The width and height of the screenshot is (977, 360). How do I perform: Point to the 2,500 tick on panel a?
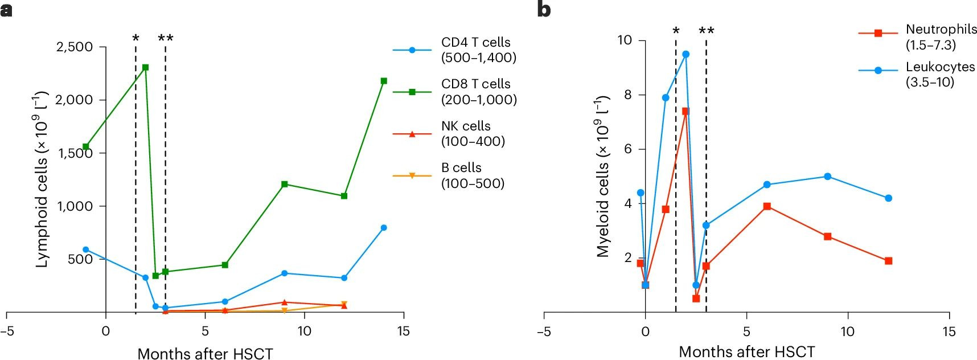pos(75,47)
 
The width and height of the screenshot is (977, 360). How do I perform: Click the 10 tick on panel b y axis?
pos(625,40)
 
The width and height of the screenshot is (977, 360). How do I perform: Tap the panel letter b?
pos(544,10)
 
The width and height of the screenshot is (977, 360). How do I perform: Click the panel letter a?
pos(6,10)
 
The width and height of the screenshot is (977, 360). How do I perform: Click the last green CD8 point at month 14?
pos(384,81)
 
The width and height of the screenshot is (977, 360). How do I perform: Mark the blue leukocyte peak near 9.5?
pos(685,54)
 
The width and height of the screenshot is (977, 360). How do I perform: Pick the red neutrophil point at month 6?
pos(767,206)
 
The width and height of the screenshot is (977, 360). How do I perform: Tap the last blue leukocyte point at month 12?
pos(888,198)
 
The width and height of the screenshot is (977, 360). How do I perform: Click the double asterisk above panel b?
pos(706,31)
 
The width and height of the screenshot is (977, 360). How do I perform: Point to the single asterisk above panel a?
pos(136,39)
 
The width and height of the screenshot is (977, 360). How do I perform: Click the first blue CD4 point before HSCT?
pos(86,249)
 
